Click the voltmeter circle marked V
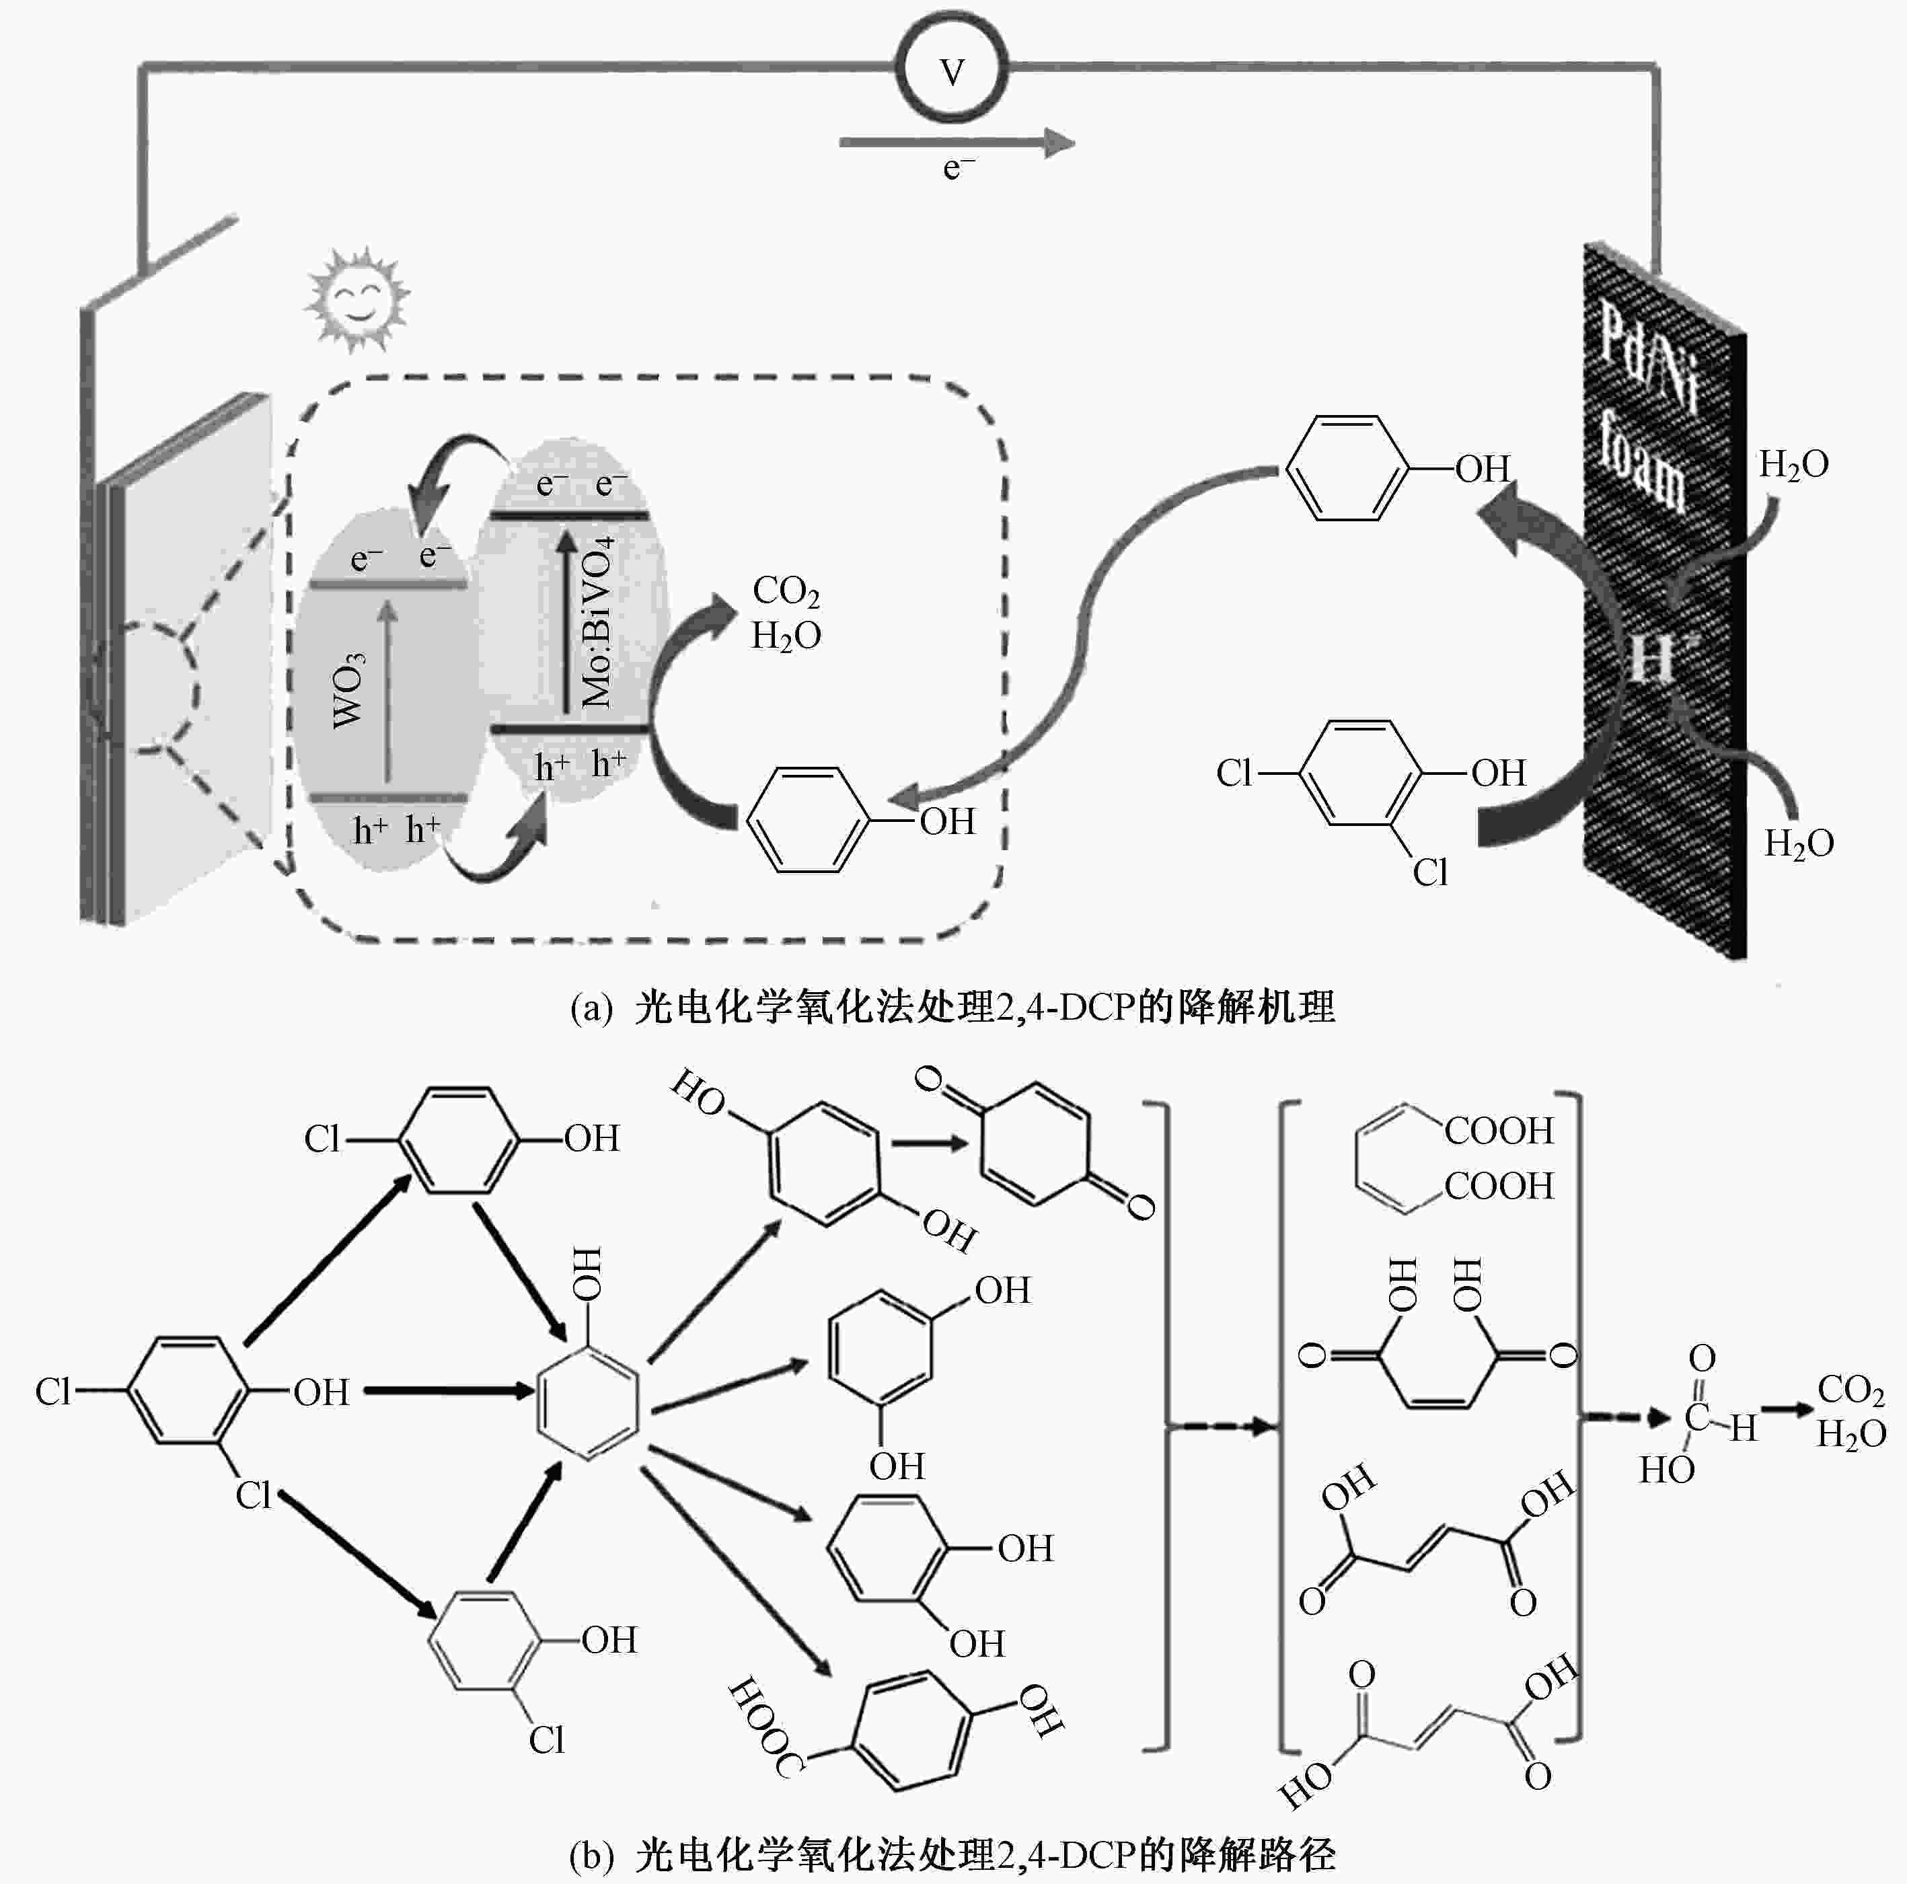(x=952, y=71)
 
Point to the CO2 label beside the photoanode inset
(x=786, y=592)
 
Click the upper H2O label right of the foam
(x=1793, y=464)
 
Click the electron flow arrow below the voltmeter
(x=955, y=143)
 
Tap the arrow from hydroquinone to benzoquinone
(x=928, y=1144)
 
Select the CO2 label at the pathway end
(x=1850, y=1390)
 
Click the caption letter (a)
(x=592, y=1010)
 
